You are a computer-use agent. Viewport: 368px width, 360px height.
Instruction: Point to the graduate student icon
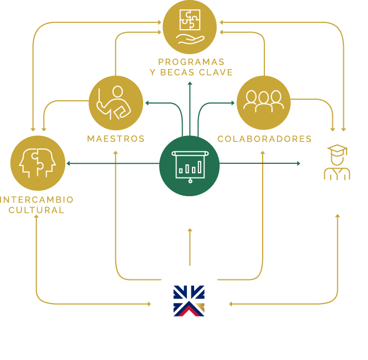tap(337, 163)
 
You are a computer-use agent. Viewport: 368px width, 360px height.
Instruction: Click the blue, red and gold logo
tap(189, 301)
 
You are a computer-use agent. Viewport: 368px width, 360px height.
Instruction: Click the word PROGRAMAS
tap(190, 62)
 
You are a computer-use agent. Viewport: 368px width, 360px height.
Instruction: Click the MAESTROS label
tap(116, 139)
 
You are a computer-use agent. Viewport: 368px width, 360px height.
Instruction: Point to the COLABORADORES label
tap(264, 139)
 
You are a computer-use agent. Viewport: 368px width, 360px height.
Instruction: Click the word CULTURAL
tap(36, 209)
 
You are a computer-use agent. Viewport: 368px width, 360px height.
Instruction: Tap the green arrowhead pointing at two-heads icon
tap(68, 163)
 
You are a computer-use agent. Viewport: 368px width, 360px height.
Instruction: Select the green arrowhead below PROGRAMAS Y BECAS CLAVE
tap(190, 84)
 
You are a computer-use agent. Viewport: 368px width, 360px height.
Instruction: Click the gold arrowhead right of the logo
tap(231, 304)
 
